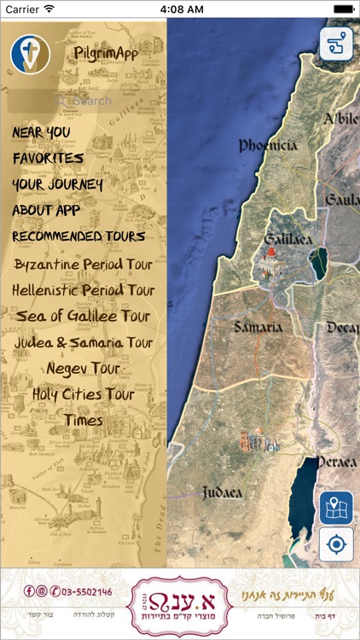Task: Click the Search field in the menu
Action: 84,101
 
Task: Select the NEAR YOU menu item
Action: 41,133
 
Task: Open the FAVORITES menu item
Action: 48,159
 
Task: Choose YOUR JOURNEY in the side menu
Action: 57,184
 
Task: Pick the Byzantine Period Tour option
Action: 84,264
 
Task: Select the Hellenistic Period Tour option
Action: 84,290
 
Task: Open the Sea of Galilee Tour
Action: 84,317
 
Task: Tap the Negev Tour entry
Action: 84,369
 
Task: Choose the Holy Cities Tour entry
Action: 84,394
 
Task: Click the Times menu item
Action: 84,421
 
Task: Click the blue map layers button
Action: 336,509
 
